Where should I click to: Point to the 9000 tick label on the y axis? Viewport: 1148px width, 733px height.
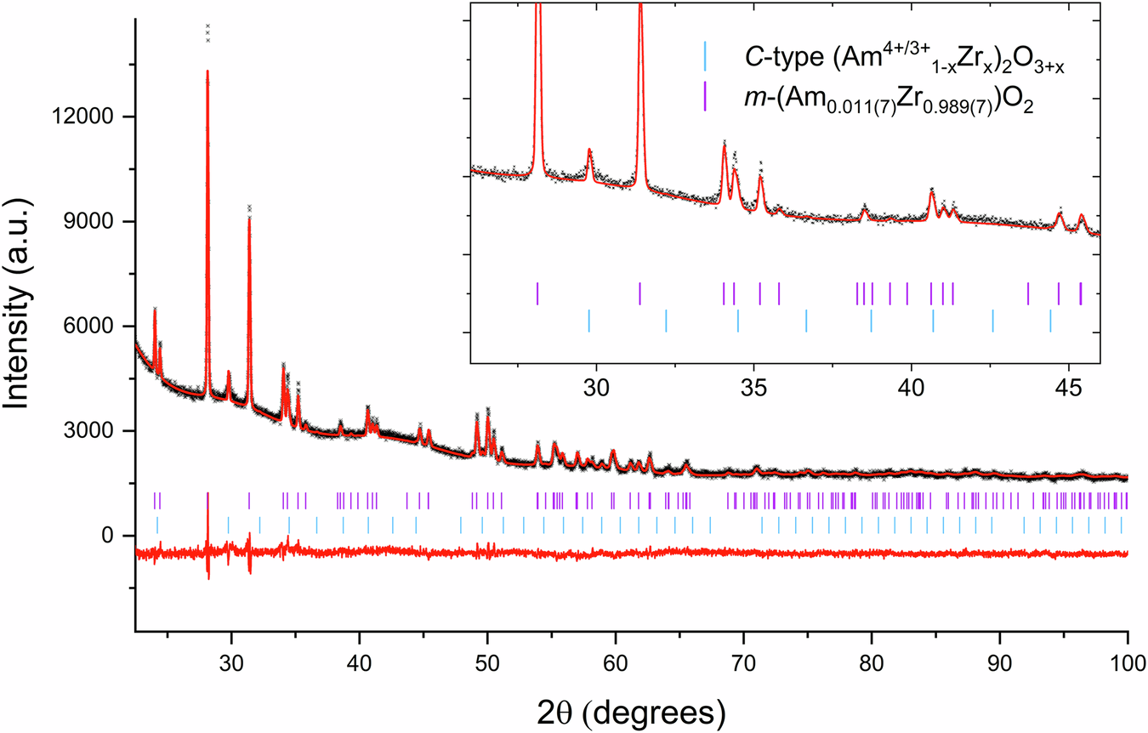(95, 222)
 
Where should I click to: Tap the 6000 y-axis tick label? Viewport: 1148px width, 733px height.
(95, 327)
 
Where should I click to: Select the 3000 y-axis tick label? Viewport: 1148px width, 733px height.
(95, 431)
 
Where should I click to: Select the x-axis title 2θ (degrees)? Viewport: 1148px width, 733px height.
(630, 707)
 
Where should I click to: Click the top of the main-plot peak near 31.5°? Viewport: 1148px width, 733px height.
(249, 207)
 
